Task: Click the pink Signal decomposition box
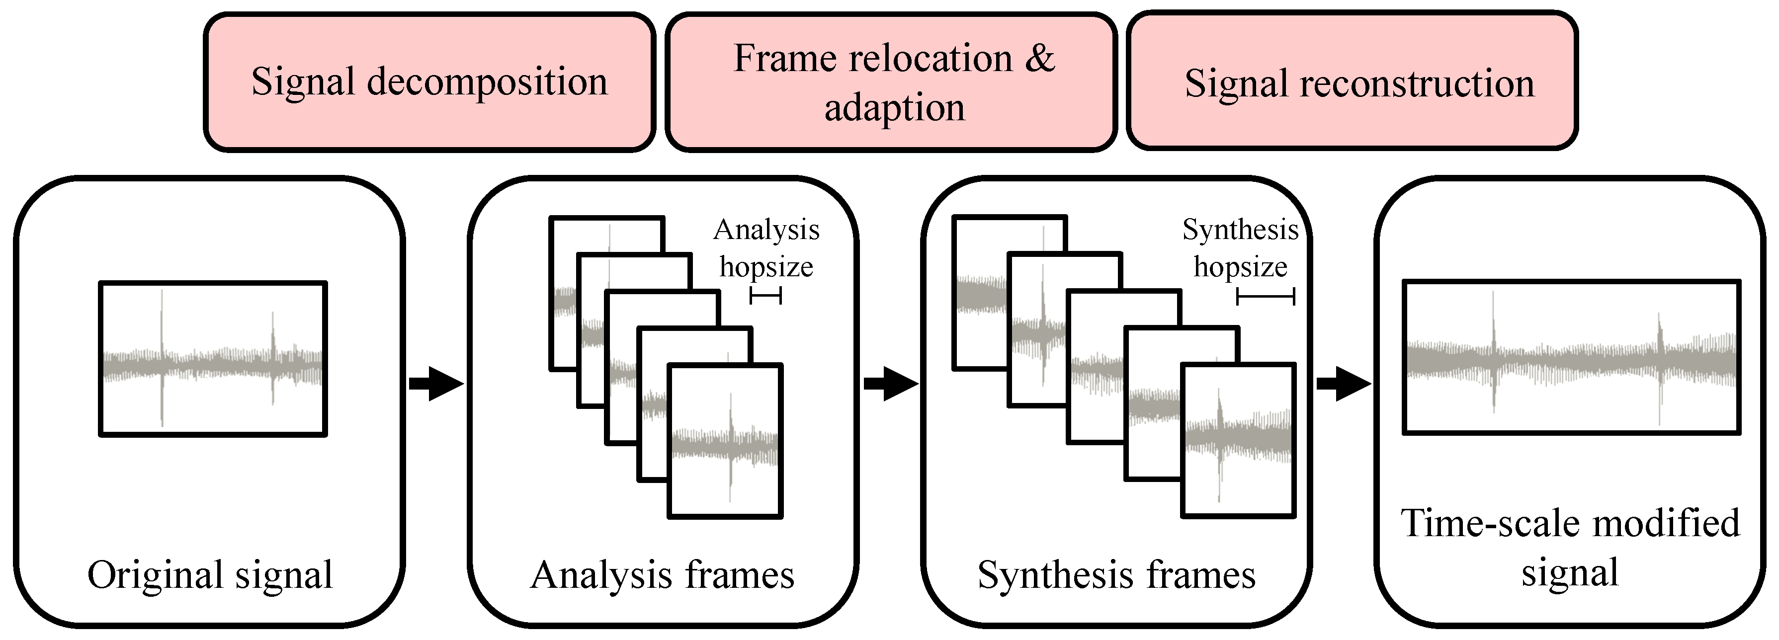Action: coord(429,81)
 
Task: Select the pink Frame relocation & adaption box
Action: coord(891,81)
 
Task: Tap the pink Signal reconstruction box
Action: coord(1352,81)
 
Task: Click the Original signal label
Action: coord(210,574)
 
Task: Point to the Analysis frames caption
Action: coord(662,574)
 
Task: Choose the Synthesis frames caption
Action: coord(1116,574)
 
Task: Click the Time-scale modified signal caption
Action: coord(1570,548)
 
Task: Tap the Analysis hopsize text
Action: coord(766,248)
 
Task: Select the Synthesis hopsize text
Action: coord(1240,248)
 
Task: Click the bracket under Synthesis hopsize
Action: coord(1265,297)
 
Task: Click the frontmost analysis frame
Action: coord(725,441)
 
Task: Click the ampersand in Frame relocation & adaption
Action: coord(1039,58)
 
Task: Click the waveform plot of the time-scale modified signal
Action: coord(1570,357)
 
